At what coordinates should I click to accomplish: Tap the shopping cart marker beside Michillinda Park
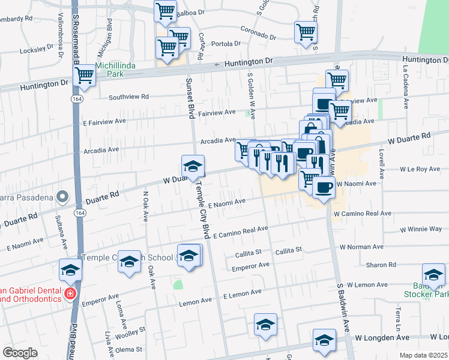(85, 76)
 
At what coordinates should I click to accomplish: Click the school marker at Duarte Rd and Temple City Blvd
(193, 166)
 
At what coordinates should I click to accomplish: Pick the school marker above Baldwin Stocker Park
(433, 274)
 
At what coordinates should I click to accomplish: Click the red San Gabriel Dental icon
(70, 293)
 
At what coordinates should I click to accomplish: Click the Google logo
(20, 352)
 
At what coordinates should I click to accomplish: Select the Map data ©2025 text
(422, 355)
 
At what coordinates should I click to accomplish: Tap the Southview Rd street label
(128, 97)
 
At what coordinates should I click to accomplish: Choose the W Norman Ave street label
(361, 247)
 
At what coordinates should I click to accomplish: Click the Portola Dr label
(227, 43)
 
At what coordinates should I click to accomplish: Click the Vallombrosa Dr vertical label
(61, 36)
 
